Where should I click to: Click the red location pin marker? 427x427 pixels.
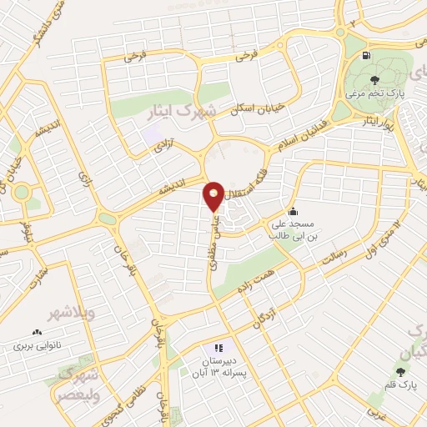coord(213,197)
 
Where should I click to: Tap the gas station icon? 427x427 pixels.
coord(367,56)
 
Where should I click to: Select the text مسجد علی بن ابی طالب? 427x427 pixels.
coord(291,229)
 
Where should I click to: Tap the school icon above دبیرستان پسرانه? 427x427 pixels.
coord(219,347)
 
